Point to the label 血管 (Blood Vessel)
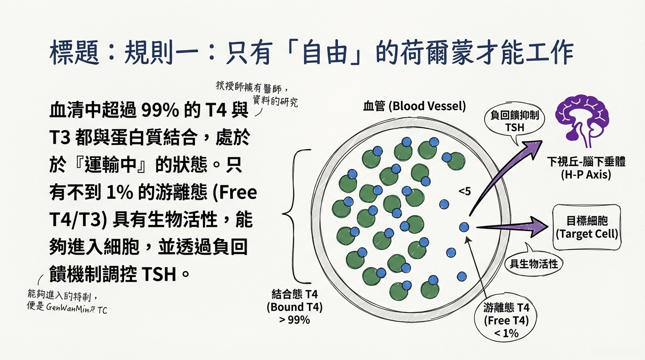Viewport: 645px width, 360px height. click(x=414, y=106)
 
